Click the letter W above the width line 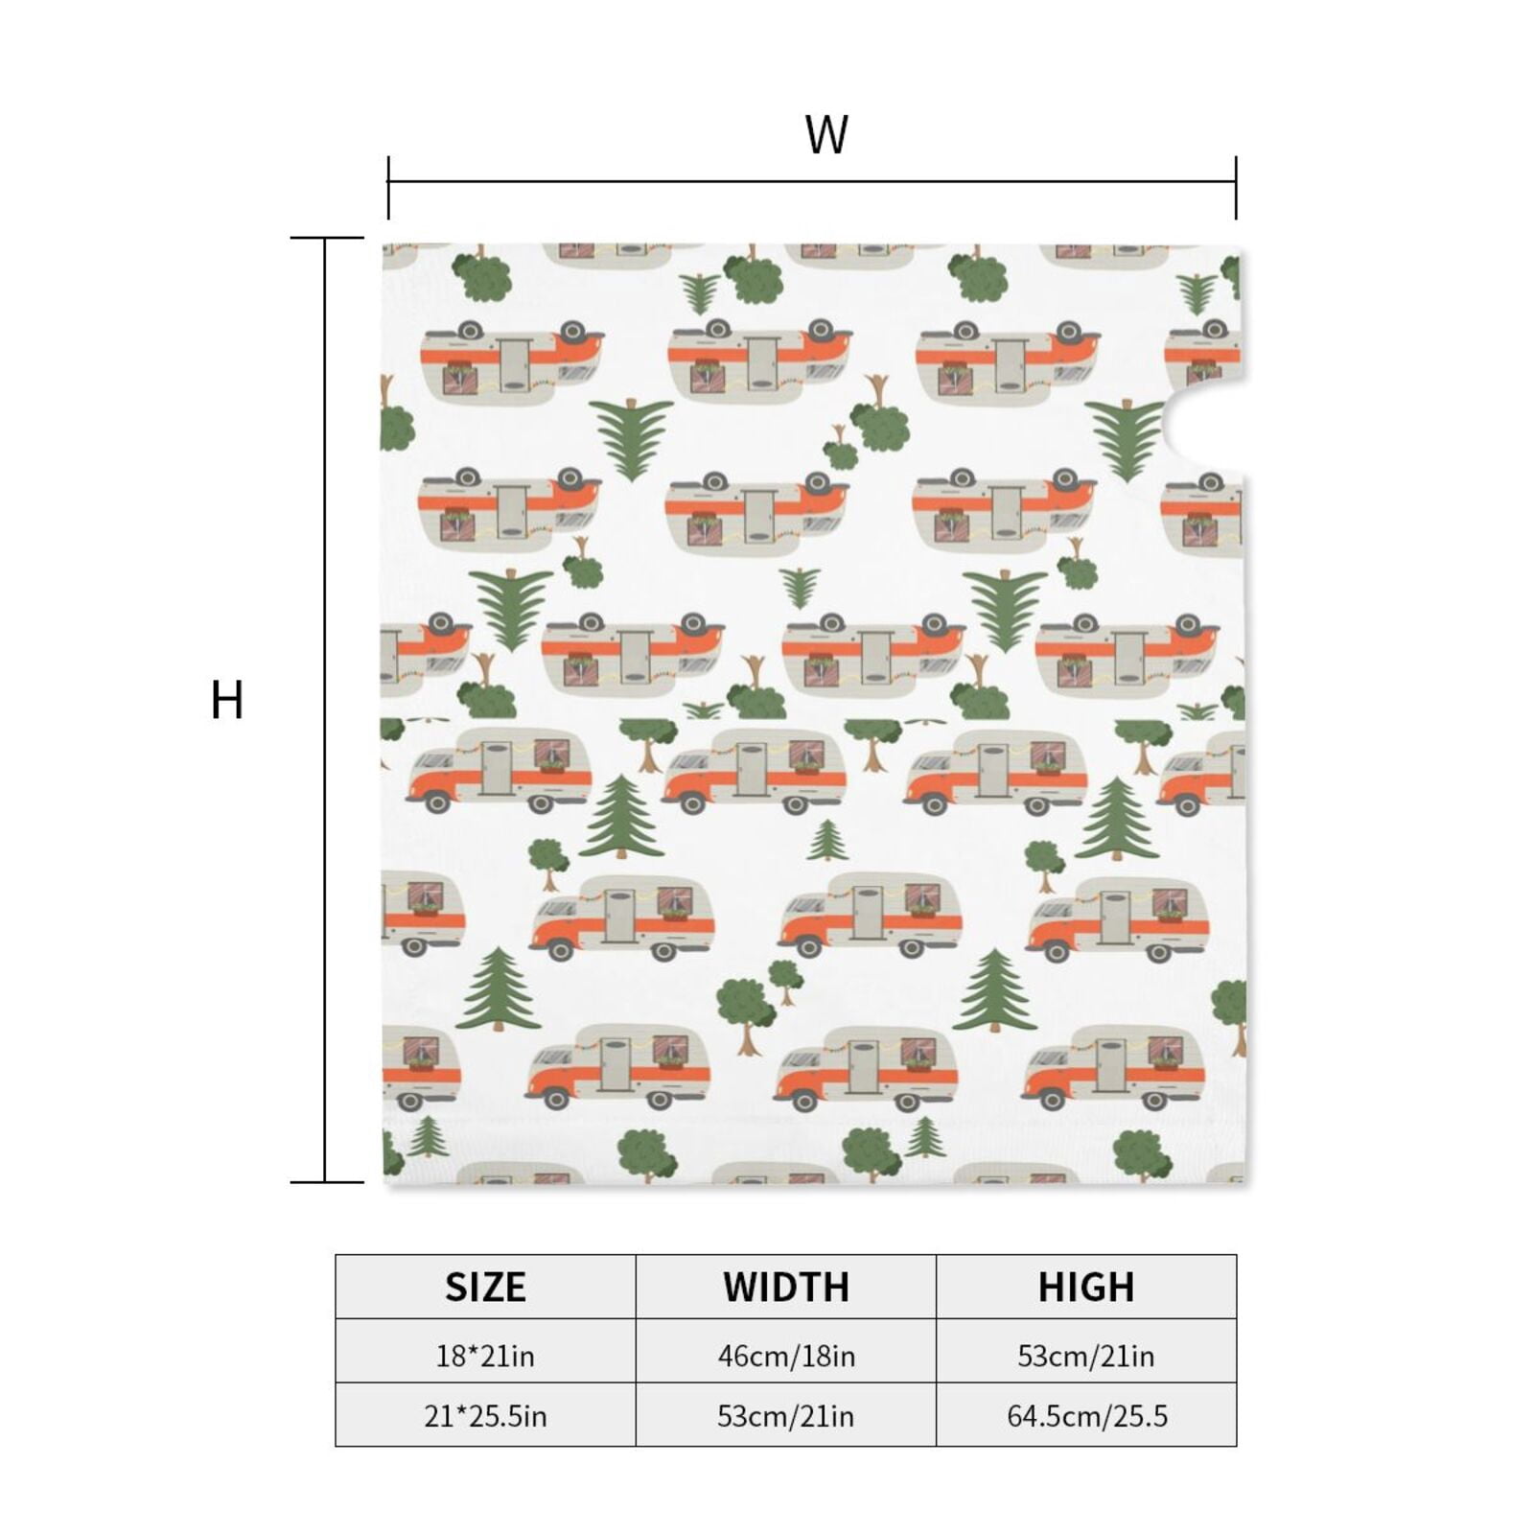[826, 135]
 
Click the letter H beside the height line [227, 700]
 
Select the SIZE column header [485, 1287]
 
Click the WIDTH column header [786, 1287]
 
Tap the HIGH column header [1086, 1287]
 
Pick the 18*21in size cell [485, 1356]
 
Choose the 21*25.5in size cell [485, 1416]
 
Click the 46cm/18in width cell [786, 1356]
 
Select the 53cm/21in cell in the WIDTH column [786, 1416]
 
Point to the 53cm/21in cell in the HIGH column [1086, 1356]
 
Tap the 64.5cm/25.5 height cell [1086, 1416]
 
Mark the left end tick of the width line [388, 188]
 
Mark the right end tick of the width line [1236, 188]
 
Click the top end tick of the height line [327, 237]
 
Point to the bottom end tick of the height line [327, 1182]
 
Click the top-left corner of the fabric [383, 244]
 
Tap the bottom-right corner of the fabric [1244, 1182]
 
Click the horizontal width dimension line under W [812, 181]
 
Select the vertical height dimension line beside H [325, 709]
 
